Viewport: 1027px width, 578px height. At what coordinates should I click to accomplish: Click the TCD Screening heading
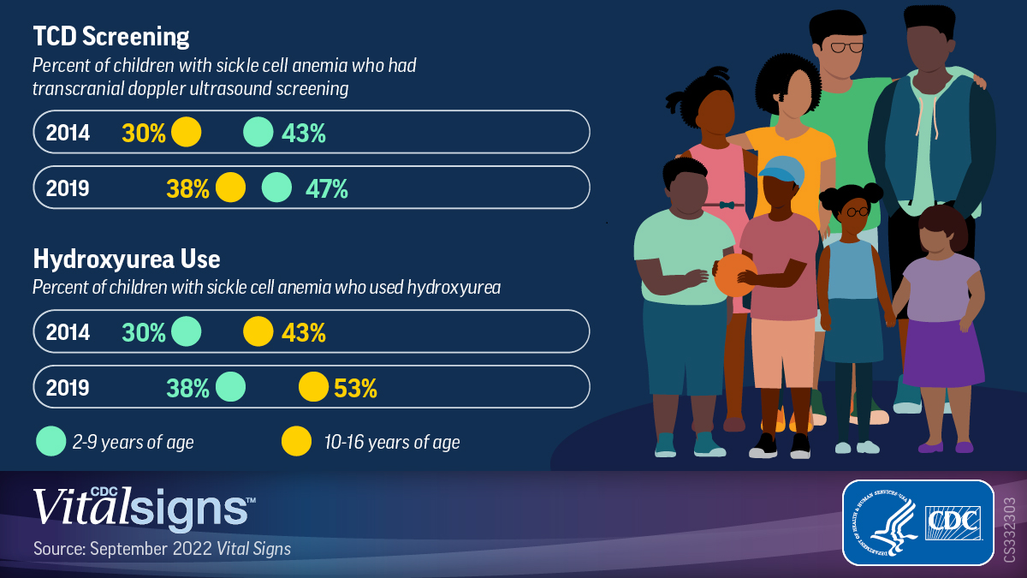(x=111, y=37)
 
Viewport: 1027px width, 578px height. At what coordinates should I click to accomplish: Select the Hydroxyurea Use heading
(x=127, y=259)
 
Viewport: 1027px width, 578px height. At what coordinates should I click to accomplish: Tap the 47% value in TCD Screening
(x=327, y=188)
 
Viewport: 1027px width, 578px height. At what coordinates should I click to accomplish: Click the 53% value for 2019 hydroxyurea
(x=355, y=388)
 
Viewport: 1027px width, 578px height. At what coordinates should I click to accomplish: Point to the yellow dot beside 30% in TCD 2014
(x=186, y=133)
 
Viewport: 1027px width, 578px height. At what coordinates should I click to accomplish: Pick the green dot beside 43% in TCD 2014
(x=258, y=133)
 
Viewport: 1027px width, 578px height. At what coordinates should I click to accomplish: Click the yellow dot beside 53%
(x=313, y=387)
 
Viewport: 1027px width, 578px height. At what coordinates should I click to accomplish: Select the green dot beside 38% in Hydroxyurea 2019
(x=230, y=387)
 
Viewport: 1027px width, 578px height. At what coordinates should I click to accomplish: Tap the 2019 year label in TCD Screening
(x=68, y=188)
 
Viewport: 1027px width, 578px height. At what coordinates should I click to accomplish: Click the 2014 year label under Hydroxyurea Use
(x=68, y=332)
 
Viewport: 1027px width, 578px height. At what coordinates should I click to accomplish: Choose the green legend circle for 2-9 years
(x=50, y=442)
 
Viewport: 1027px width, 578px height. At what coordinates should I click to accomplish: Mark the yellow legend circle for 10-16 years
(x=296, y=442)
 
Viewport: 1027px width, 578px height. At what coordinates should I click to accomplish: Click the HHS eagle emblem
(x=882, y=522)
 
